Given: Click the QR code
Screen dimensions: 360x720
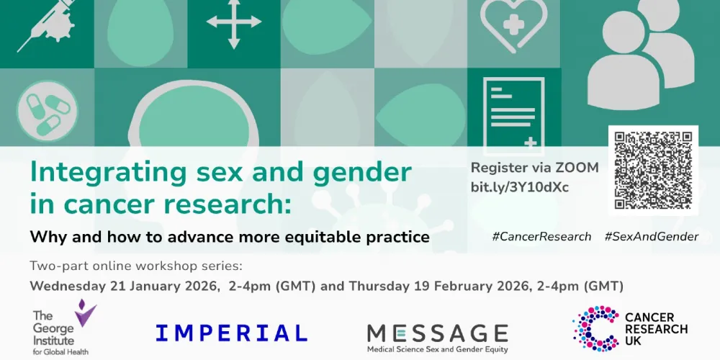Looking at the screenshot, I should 653,170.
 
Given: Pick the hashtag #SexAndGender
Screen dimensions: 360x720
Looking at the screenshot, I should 652,236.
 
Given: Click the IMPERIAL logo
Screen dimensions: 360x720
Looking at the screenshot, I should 231,332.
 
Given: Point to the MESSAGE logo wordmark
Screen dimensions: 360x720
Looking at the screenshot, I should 437,333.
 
